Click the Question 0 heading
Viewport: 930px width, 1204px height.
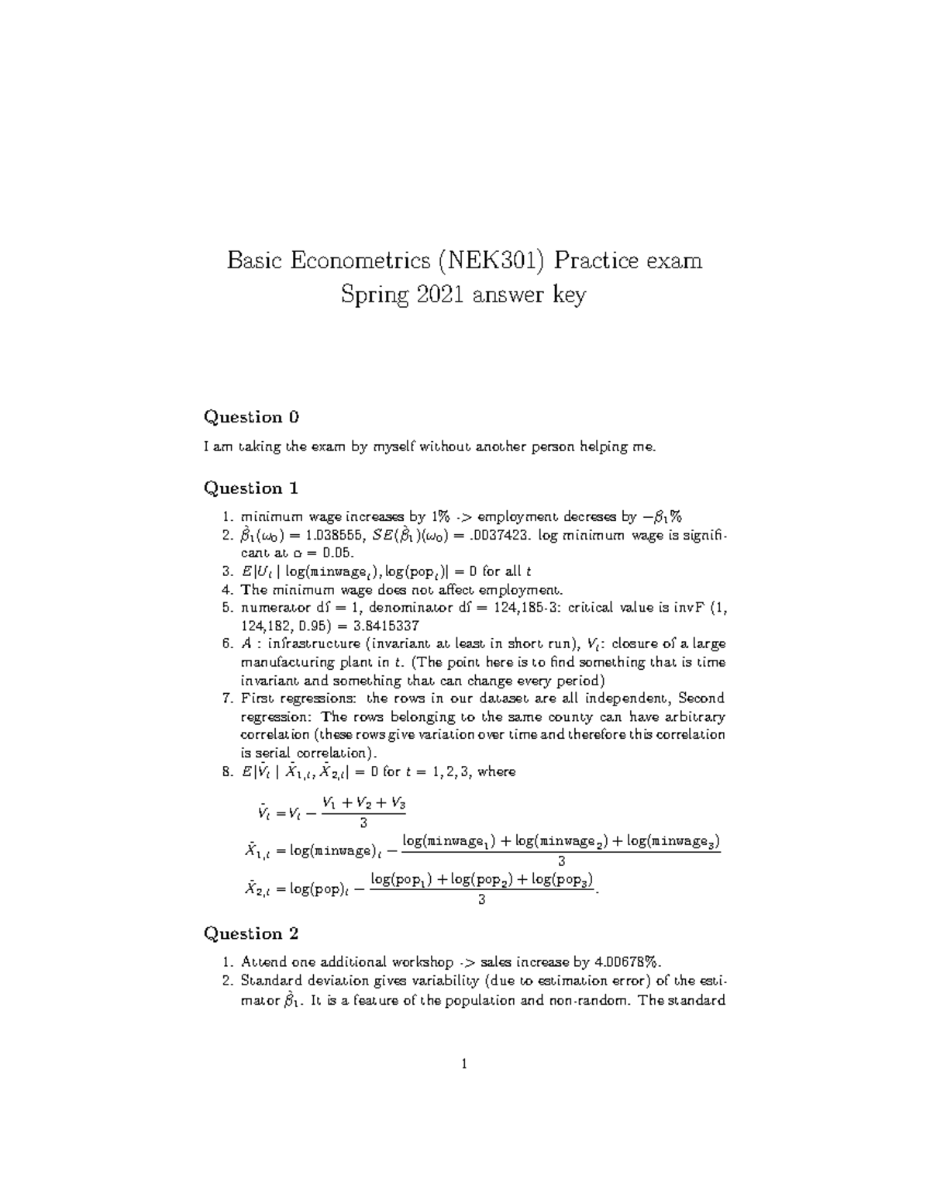[250, 417]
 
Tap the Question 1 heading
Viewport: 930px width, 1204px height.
[250, 488]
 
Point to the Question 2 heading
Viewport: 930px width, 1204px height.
[250, 933]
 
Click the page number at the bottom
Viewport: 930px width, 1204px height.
[464, 1064]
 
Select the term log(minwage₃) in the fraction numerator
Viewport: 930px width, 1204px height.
[673, 841]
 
